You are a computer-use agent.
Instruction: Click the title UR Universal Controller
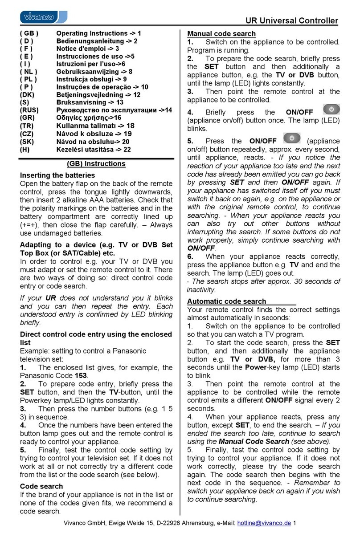click(x=292, y=21)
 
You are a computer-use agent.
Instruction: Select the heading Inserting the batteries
click(x=57, y=175)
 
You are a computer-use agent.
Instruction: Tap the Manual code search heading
click(x=221, y=33)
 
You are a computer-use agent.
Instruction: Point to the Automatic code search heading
click(x=227, y=301)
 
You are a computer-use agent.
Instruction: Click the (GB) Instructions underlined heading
click(x=96, y=163)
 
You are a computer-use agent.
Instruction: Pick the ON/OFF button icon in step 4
click(x=331, y=110)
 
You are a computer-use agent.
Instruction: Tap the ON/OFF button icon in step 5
click(x=292, y=138)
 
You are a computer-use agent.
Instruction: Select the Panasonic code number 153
click(x=81, y=375)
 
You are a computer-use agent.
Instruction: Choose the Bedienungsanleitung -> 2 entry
click(x=96, y=41)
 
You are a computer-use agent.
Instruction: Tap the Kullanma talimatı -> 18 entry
click(x=95, y=126)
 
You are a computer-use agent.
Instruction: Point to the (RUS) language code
click(x=29, y=110)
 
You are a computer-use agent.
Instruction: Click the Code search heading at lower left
click(x=41, y=486)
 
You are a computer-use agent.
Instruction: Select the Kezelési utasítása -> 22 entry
click(x=93, y=149)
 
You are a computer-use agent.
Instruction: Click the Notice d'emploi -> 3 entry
click(x=87, y=49)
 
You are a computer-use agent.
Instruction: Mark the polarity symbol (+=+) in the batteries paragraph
click(x=30, y=224)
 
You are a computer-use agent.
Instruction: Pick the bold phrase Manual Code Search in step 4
click(x=254, y=441)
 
